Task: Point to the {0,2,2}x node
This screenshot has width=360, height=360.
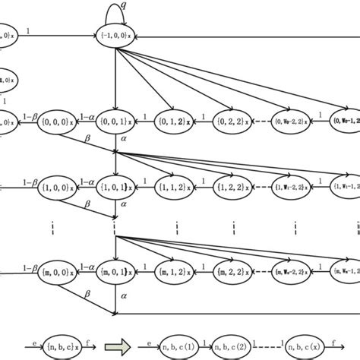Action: click(x=235, y=120)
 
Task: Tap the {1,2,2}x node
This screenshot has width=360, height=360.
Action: click(x=235, y=185)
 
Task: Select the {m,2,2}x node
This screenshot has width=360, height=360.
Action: click(x=235, y=270)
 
